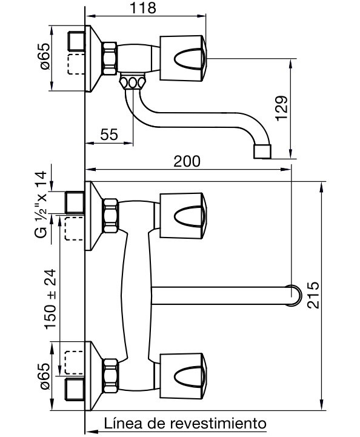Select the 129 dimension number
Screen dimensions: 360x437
point(281,108)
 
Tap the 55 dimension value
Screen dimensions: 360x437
point(109,135)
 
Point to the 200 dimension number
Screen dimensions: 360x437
point(187,161)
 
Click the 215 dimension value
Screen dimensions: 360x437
point(313,295)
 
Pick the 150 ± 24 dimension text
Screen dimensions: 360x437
point(50,299)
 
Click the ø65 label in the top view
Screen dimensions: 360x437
point(45,56)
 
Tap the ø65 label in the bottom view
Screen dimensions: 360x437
point(45,376)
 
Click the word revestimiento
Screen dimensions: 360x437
point(218,424)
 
